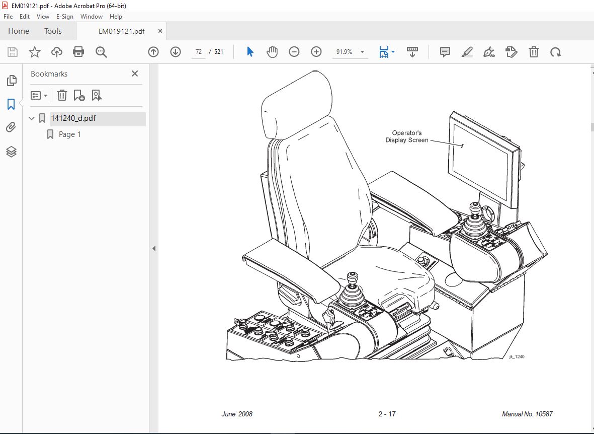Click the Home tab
click(x=19, y=31)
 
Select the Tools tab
click(x=53, y=31)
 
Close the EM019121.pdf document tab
click(x=160, y=31)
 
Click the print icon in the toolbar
click(x=78, y=51)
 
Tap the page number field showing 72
click(x=199, y=51)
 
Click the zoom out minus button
click(x=294, y=51)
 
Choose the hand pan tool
click(x=272, y=51)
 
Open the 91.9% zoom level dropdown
click(x=362, y=52)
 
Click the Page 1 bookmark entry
click(x=69, y=134)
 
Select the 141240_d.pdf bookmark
click(x=73, y=118)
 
